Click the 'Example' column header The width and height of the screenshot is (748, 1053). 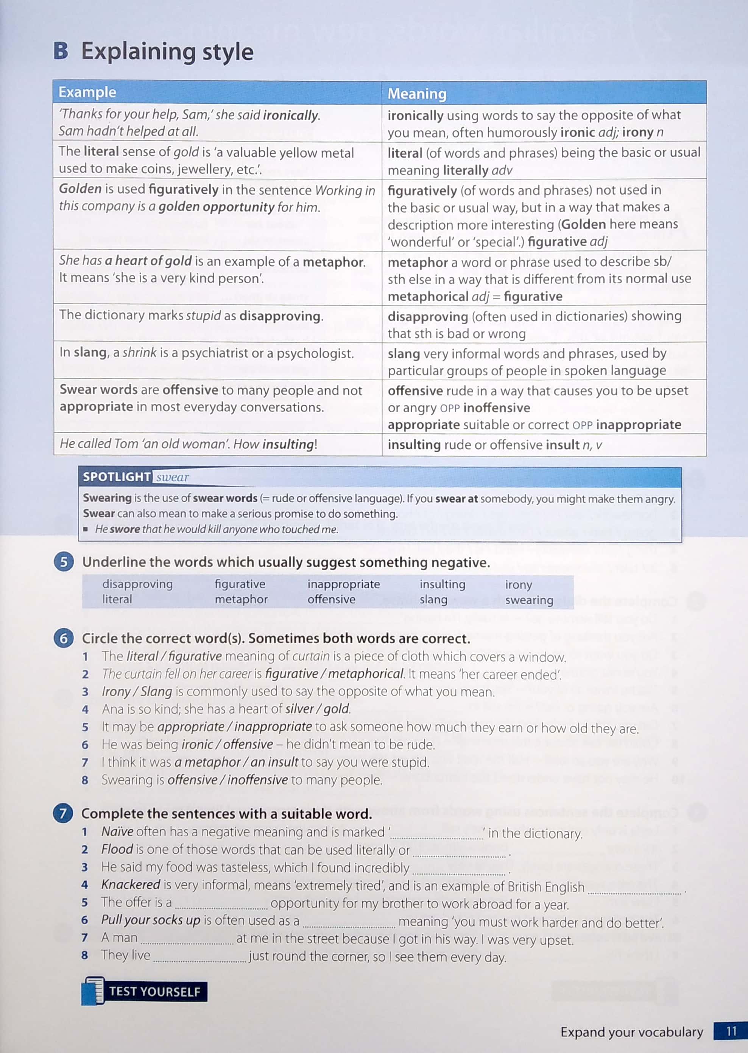[87, 92]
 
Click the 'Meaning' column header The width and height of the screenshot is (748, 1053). [416, 94]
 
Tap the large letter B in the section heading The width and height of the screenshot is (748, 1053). [61, 51]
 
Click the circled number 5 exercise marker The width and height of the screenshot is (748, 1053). [64, 562]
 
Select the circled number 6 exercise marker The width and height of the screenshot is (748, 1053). [64, 638]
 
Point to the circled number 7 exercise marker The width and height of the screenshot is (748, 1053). [63, 813]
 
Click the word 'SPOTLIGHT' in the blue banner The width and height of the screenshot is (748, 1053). [117, 477]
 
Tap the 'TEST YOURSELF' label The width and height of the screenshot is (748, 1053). [154, 991]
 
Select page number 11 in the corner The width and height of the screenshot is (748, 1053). [731, 1031]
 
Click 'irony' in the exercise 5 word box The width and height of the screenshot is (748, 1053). [518, 584]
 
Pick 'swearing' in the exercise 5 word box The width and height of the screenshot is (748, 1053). [529, 600]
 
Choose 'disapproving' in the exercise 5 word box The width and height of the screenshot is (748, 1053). [137, 584]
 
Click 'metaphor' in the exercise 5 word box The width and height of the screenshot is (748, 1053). [241, 599]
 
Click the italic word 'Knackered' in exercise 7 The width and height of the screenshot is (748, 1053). [130, 884]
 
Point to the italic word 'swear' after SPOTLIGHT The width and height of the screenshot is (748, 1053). [172, 477]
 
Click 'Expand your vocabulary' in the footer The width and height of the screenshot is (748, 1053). [631, 1032]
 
